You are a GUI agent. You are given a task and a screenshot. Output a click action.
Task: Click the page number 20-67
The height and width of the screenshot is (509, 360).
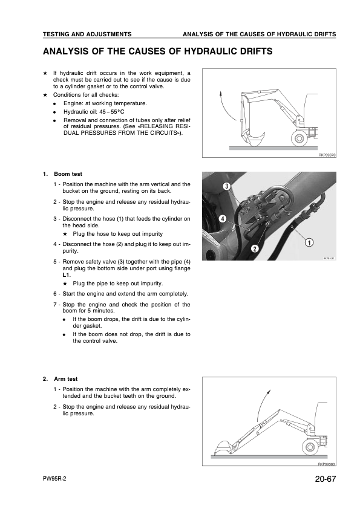tap(325, 479)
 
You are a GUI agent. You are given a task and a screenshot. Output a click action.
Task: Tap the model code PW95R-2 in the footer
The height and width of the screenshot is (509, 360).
tap(54, 479)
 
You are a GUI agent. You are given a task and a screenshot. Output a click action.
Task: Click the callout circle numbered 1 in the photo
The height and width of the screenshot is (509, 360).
tap(309, 242)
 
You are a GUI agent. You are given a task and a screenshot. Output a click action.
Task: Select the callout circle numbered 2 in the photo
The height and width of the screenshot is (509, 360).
tap(255, 249)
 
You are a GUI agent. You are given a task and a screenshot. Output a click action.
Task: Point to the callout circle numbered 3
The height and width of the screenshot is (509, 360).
tap(227, 186)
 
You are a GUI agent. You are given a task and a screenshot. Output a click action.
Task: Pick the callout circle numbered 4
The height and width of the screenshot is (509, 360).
tap(223, 218)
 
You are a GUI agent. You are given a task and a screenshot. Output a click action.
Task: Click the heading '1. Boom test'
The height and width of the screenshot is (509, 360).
tap(62, 174)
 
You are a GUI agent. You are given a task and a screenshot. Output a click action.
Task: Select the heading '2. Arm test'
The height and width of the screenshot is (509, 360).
tap(60, 379)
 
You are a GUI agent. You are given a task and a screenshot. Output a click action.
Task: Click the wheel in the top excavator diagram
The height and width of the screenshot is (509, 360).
tap(298, 138)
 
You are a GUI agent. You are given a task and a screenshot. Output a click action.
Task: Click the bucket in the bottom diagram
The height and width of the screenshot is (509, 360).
tap(223, 447)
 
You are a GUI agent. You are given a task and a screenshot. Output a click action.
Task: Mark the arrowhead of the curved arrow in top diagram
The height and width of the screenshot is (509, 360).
tap(221, 94)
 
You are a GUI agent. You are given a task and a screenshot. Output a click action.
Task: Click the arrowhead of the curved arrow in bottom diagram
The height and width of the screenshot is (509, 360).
tap(269, 392)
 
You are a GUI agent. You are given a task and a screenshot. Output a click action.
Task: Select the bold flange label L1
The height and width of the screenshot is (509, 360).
tap(66, 275)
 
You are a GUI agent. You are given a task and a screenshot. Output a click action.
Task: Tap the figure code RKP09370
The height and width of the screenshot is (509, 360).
tap(327, 155)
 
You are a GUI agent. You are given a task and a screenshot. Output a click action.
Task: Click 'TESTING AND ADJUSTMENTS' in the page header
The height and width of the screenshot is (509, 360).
tap(87, 34)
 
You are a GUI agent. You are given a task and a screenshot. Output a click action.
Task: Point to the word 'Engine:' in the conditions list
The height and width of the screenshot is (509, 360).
tap(73, 103)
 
